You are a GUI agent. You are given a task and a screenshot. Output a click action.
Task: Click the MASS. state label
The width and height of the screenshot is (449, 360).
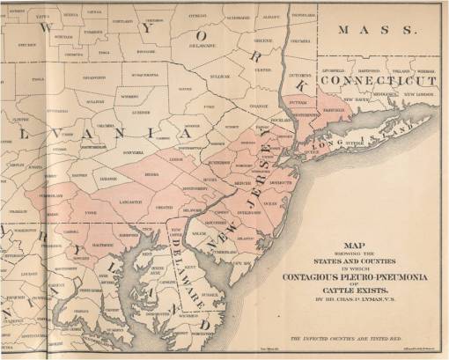coord(380,30)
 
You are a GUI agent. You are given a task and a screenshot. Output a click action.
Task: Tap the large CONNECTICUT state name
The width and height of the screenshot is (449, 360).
coord(381,80)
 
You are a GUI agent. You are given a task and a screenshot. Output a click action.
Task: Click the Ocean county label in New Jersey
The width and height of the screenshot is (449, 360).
coord(270,203)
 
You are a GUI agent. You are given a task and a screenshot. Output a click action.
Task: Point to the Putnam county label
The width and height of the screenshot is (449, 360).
coord(296,104)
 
